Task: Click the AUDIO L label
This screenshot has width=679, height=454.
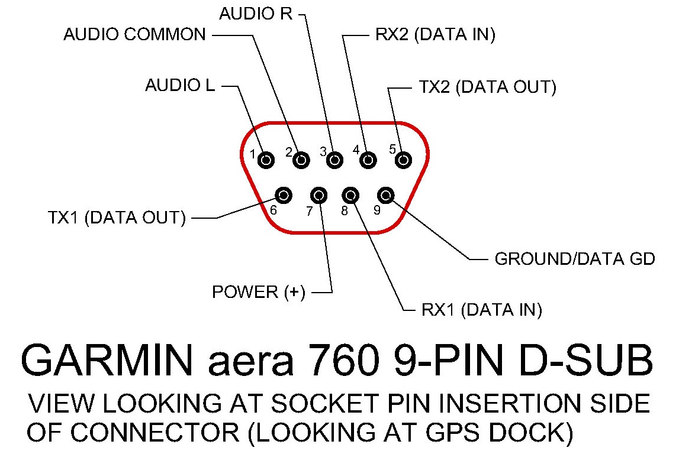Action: click(x=180, y=85)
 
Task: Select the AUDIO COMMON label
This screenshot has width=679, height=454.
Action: click(x=134, y=35)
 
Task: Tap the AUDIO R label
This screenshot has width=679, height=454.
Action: click(x=256, y=14)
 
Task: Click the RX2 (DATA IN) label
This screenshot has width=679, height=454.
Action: click(x=435, y=35)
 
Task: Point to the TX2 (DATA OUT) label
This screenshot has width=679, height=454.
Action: click(x=488, y=87)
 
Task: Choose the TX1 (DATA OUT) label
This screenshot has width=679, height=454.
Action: click(x=117, y=218)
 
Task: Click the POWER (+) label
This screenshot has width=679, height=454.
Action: click(x=259, y=292)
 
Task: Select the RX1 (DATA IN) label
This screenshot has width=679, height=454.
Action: click(x=481, y=310)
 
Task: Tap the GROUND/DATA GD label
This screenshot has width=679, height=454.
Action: click(x=575, y=259)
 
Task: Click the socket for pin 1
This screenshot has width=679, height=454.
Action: click(x=266, y=160)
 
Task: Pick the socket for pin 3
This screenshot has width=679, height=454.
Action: click(x=334, y=160)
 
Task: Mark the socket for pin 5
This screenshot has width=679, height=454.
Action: click(x=403, y=160)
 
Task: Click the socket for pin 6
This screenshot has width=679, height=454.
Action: click(x=284, y=196)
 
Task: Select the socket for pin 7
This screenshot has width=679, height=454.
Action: click(x=318, y=196)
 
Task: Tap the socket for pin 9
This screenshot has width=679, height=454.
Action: click(x=386, y=196)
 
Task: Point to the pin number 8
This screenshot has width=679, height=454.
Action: click(x=345, y=211)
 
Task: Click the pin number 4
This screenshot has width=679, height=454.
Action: click(x=356, y=150)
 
